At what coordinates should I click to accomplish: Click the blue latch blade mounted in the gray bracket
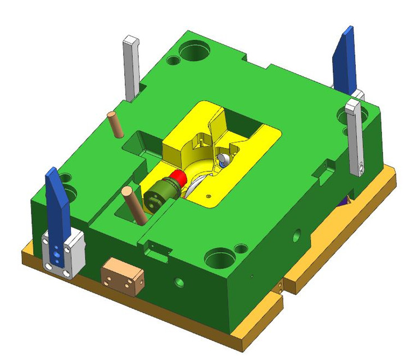57,202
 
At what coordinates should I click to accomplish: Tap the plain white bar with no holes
131,67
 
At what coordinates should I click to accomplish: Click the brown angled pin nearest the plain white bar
116,125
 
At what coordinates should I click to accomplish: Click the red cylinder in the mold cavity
179,179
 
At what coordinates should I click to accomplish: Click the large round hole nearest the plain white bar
193,52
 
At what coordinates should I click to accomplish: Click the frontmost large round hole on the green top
219,259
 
